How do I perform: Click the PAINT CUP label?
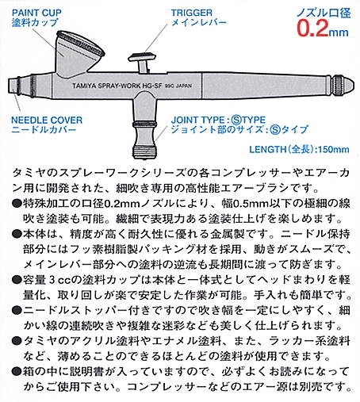click(36, 13)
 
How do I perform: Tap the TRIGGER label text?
click(191, 13)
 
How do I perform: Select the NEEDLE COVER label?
click(47, 120)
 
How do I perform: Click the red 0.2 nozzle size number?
click(312, 28)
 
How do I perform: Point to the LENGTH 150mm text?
click(299, 149)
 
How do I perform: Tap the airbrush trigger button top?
click(142, 57)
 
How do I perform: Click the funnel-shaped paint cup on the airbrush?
click(78, 54)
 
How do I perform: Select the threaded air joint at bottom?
click(144, 152)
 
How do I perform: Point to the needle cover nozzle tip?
click(13, 85)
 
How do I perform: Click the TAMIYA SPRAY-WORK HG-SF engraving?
click(117, 86)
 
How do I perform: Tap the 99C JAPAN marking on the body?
click(178, 86)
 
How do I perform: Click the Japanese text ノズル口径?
click(324, 13)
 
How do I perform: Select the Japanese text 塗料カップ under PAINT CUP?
click(35, 22)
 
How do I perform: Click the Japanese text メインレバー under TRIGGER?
click(199, 22)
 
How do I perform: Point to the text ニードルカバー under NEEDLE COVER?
click(44, 129)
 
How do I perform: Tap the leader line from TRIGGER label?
click(156, 39)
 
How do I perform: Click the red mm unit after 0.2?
click(339, 33)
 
